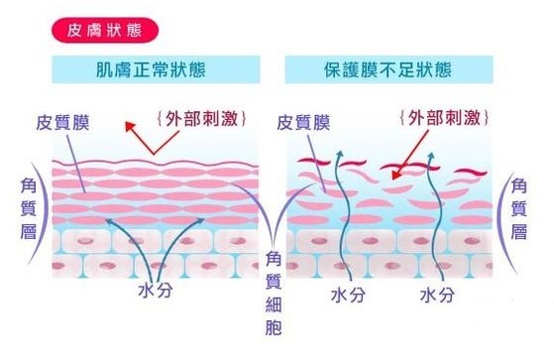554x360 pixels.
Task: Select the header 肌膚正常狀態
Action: tap(156, 71)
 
